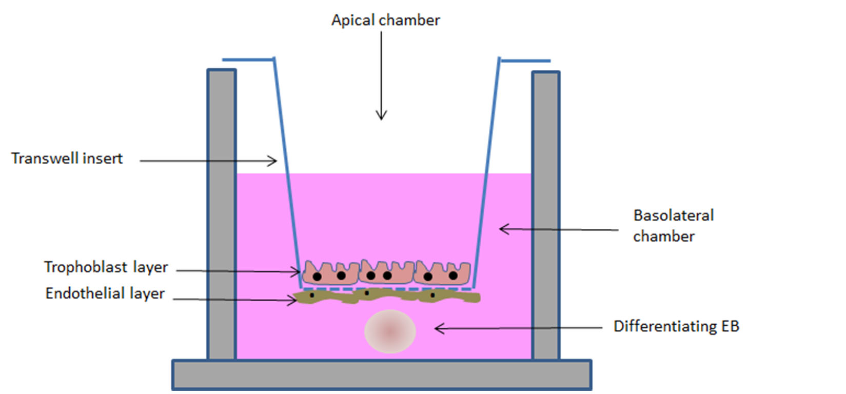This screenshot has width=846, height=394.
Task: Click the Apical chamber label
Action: point(385,20)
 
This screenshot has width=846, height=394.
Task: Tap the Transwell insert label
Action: point(67,159)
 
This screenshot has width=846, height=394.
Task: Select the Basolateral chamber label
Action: point(673,226)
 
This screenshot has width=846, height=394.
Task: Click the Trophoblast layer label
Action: point(106,267)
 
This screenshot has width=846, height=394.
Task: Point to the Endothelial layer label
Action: point(105,293)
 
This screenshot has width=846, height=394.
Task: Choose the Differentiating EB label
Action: point(676,326)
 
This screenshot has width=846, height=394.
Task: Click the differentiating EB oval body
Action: point(390,331)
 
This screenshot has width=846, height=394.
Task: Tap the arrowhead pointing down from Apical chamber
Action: point(381,116)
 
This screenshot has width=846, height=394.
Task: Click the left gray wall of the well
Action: point(222,215)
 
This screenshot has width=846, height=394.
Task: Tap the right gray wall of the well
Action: point(545,215)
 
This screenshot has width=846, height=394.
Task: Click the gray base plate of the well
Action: point(381,375)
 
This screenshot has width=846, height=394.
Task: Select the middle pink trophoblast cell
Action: point(386,272)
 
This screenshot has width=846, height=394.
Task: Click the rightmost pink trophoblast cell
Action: point(442,273)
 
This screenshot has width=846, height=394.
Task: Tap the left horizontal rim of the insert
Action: point(248,60)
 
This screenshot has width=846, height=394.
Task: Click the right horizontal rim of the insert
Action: point(525,61)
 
